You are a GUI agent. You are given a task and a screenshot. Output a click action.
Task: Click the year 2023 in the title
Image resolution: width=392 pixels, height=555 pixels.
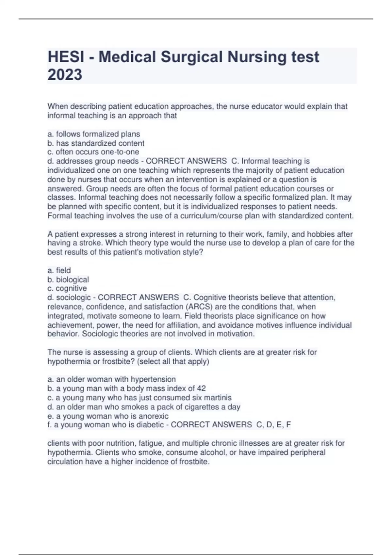click(x=65, y=74)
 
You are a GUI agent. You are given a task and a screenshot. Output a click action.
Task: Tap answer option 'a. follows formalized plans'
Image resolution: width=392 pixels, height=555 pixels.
click(x=94, y=134)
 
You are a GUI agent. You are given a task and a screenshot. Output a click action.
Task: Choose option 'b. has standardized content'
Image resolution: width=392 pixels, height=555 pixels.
click(x=96, y=143)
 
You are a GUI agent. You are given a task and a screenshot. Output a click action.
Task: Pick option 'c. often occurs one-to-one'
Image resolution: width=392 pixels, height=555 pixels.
click(x=93, y=152)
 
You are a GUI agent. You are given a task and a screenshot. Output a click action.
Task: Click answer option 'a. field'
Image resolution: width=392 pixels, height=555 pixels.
click(x=59, y=270)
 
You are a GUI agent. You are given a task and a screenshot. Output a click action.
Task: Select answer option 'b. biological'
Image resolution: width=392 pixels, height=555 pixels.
click(x=68, y=279)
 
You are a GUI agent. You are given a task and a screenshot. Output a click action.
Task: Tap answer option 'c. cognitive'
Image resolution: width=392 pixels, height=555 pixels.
click(x=67, y=288)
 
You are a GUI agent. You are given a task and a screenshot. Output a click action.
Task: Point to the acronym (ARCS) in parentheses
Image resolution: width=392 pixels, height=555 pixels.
click(x=197, y=307)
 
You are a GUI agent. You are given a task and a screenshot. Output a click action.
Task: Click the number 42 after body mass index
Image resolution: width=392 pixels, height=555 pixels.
click(x=201, y=388)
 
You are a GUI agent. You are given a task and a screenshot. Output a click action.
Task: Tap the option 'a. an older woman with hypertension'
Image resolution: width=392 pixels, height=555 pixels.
click(x=112, y=379)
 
